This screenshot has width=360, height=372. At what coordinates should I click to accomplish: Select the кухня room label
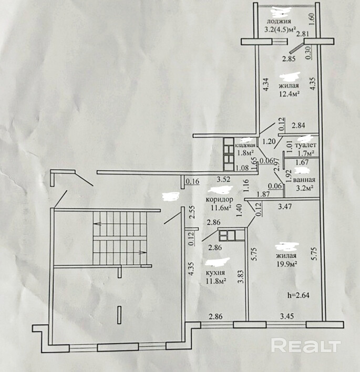click(216, 273)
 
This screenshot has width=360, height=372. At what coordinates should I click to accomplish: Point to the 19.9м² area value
click(286, 264)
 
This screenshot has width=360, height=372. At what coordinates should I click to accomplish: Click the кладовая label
click(245, 145)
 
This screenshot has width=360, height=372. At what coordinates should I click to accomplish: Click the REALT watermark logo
click(305, 346)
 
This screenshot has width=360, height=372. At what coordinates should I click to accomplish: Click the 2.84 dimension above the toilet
click(299, 125)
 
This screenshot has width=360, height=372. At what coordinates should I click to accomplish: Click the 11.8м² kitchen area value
click(215, 282)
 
